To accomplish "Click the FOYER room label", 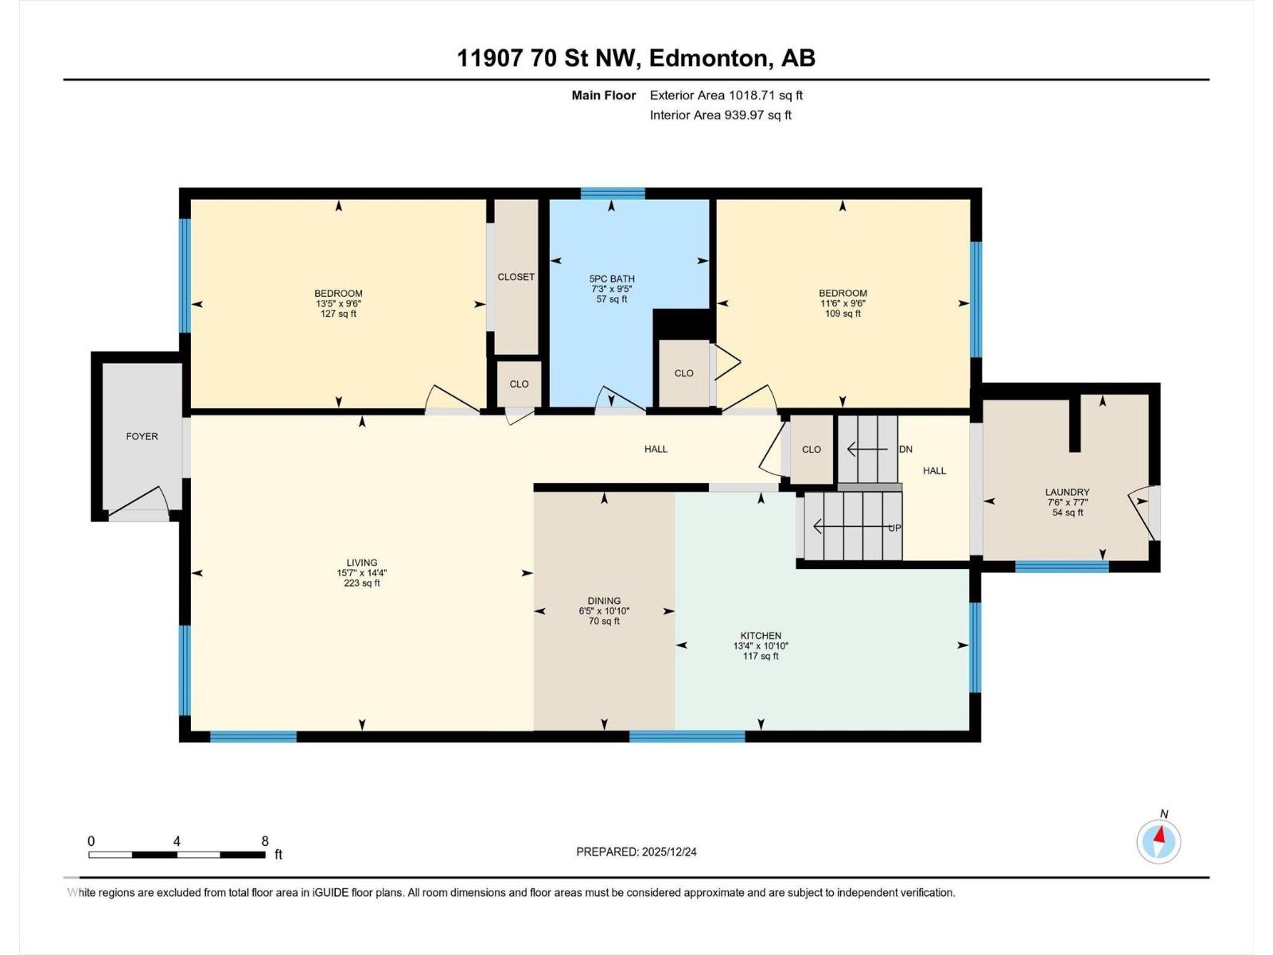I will (142, 436).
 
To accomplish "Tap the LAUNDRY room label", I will (1067, 493).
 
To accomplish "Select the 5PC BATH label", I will (611, 279).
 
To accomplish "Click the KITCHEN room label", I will (761, 636).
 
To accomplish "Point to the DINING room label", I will (604, 601).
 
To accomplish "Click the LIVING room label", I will (361, 563).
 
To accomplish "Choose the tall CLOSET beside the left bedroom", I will (516, 277).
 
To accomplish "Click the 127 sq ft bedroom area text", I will (338, 314).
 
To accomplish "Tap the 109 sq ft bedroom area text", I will (843, 314).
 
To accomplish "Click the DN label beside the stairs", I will (905, 450).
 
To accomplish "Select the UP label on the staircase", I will (894, 528).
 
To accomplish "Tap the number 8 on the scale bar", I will (265, 841).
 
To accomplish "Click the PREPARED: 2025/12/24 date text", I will (636, 852).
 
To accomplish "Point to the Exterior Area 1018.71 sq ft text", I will (726, 95).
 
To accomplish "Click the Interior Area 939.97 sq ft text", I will (720, 115).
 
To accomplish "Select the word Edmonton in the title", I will (708, 58).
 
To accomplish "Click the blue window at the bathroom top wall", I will (612, 193).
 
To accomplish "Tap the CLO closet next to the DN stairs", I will (811, 450).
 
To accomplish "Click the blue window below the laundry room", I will (1061, 567).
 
